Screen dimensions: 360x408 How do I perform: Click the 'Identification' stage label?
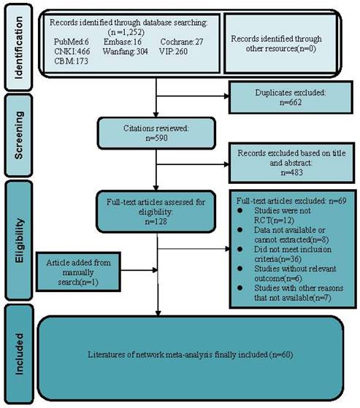click(x=19, y=47)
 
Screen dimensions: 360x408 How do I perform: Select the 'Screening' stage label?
click(x=19, y=135)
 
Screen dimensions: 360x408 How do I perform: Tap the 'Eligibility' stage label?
click(x=19, y=240)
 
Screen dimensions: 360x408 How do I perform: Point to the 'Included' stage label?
click(x=19, y=354)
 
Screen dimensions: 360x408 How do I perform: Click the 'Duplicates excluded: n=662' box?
click(x=291, y=97)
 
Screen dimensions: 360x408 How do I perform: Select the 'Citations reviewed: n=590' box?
click(x=156, y=134)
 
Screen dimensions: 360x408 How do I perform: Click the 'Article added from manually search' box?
click(x=78, y=272)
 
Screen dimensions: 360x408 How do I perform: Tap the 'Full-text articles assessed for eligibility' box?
click(x=156, y=212)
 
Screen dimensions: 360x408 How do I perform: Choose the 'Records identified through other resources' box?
click(x=280, y=44)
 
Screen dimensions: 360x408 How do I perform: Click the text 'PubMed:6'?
click(x=72, y=42)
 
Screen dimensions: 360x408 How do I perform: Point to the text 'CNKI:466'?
click(x=72, y=51)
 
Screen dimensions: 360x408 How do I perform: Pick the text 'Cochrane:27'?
click(x=182, y=42)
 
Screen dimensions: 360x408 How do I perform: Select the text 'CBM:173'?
click(x=71, y=61)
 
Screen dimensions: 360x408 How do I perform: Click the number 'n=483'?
click(x=292, y=172)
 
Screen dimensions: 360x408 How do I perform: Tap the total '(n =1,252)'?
click(x=126, y=32)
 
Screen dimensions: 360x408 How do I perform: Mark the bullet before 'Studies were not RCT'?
click(x=240, y=210)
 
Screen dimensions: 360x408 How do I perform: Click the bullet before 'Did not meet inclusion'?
click(x=240, y=250)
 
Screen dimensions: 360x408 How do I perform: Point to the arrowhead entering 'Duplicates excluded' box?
click(x=226, y=96)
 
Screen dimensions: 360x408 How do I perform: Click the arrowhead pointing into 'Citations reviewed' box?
click(x=156, y=115)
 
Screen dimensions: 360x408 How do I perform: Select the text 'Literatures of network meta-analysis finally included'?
click(x=177, y=355)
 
